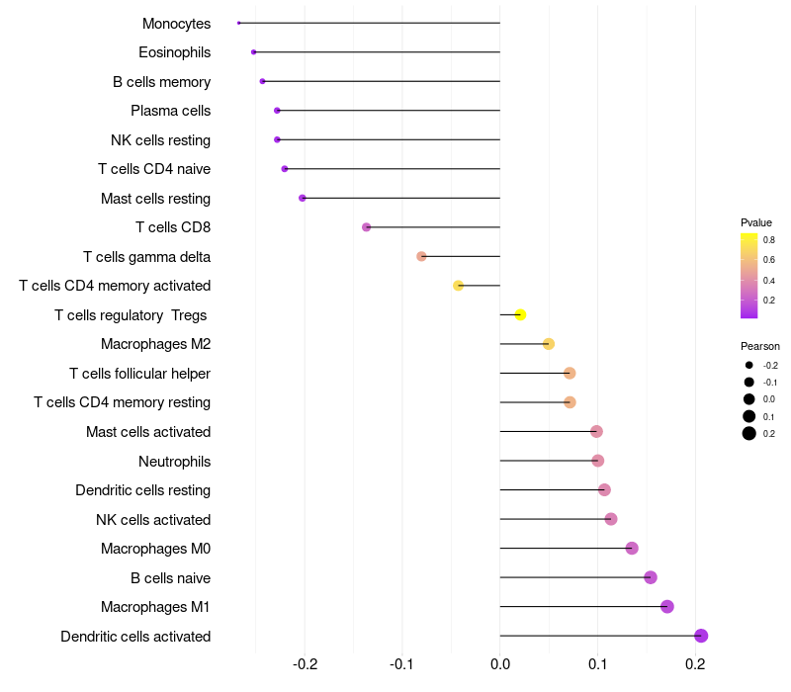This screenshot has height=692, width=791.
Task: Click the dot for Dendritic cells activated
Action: (701, 636)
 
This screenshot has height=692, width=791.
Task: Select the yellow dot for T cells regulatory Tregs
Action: (520, 315)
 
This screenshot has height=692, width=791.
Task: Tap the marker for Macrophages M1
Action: (667, 607)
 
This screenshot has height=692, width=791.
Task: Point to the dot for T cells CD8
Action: (367, 227)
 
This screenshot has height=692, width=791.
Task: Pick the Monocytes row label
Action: (176, 23)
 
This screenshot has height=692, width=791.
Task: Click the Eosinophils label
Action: (174, 52)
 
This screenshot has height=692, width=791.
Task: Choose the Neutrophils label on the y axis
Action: (174, 462)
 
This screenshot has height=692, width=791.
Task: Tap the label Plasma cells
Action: (170, 111)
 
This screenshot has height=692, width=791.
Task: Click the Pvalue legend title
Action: (756, 222)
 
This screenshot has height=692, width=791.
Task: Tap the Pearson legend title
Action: (760, 347)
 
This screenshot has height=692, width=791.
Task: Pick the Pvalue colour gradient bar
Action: (749, 276)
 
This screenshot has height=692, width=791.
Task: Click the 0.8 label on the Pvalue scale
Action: (769, 240)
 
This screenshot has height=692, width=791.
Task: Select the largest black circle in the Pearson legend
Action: (749, 433)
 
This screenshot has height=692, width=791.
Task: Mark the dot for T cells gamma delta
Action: (422, 256)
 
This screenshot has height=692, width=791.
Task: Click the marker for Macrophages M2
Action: (549, 344)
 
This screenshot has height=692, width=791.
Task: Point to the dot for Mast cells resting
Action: (303, 198)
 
